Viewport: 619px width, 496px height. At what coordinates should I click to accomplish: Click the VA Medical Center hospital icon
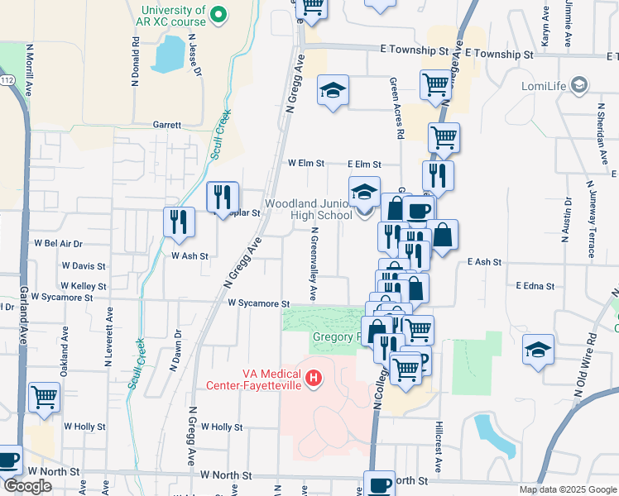[x=313, y=379]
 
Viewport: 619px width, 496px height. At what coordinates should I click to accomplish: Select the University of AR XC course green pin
[x=218, y=14]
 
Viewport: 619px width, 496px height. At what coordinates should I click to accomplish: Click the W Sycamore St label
[x=258, y=304]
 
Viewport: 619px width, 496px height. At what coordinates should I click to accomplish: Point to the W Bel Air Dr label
[x=58, y=244]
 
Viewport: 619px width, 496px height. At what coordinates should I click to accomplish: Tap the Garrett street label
[x=166, y=125]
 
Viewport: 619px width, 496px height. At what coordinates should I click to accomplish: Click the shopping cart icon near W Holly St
[x=44, y=396]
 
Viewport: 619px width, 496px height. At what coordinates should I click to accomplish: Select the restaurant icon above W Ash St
[x=178, y=222]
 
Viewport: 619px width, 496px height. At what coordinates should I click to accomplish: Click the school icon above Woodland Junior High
[x=364, y=192]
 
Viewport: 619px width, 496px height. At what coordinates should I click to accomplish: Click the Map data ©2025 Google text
[x=567, y=489]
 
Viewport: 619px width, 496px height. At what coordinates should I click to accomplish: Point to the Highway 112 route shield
[x=7, y=80]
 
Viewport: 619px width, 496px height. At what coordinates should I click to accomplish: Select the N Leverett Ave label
[x=108, y=336]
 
